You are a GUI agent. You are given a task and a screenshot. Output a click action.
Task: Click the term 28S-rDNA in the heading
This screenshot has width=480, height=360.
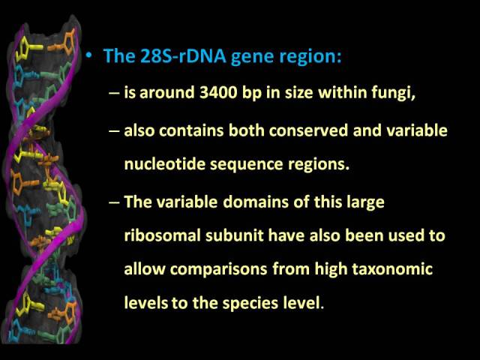pos(183,55)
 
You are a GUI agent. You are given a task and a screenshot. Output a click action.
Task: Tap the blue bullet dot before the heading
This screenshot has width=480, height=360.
pos(88,55)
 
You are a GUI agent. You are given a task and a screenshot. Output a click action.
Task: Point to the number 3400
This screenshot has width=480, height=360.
pos(218,92)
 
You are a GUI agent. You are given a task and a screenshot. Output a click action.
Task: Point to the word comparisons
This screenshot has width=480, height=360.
pos(218,270)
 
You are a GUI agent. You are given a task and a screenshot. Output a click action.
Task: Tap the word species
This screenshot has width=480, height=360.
pos(250,304)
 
